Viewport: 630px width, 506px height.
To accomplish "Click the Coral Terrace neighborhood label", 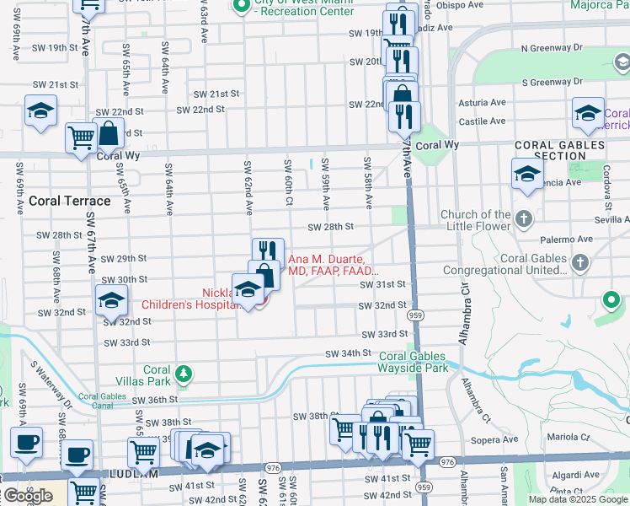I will pyautogui.click(x=69, y=201).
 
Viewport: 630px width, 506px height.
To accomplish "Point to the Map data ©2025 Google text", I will pyautogui.click(x=578, y=499).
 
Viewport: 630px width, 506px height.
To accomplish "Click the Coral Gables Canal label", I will pyautogui.click(x=100, y=399).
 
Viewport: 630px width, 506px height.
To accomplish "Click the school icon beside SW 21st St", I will pyautogui.click(x=40, y=112).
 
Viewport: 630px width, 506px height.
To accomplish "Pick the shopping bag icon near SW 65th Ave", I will pyautogui.click(x=109, y=132).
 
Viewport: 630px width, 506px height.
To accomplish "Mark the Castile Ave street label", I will pyautogui.click(x=482, y=121).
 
